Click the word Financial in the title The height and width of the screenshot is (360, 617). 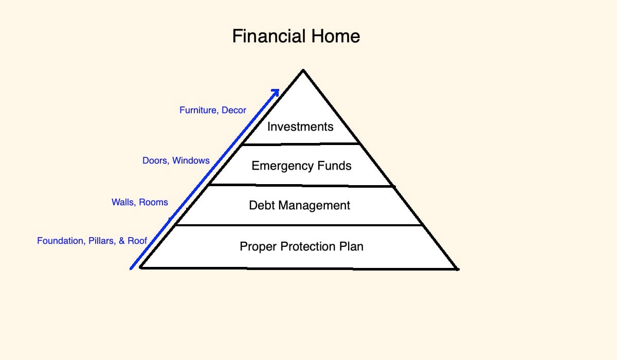[269, 36]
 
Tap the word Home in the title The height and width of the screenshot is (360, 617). [335, 36]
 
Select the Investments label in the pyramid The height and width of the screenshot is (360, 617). [300, 127]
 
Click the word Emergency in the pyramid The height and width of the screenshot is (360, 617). [282, 166]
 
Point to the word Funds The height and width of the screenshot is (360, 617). [334, 166]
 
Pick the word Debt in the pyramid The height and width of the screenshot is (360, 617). [262, 205]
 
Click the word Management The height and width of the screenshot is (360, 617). [314, 206]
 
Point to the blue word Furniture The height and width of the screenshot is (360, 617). [199, 110]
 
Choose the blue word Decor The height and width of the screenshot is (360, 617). [234, 110]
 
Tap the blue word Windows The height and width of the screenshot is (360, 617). [191, 160]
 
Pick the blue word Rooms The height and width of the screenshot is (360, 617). [153, 203]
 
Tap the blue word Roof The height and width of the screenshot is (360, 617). [137, 241]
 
